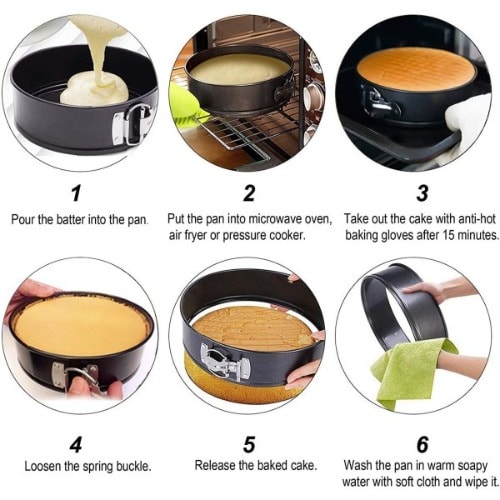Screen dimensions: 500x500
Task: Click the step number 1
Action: pos(76,193)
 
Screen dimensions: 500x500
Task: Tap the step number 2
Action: pos(249,193)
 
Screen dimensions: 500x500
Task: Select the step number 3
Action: pos(422,193)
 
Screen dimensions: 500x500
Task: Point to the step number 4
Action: pos(76,444)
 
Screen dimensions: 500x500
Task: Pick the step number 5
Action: pos(249,444)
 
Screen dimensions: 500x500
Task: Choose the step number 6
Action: pos(422,444)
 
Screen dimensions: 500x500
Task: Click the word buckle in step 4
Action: pos(133,466)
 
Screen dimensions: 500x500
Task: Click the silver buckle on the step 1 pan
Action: pos(132,124)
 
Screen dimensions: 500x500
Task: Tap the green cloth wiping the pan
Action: pos(413,373)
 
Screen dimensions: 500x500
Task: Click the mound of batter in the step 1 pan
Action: pos(95,88)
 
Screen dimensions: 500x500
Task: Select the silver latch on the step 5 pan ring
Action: pos(225,362)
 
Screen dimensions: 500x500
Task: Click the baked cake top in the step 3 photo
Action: pos(417,68)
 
